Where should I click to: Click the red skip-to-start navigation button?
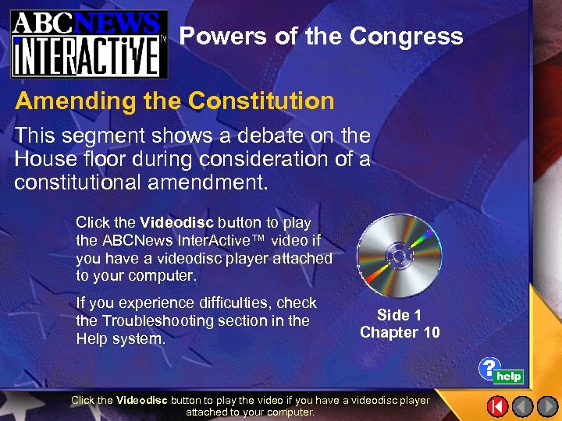pyautogui.click(x=498, y=406)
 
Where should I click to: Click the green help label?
pyautogui.click(x=509, y=377)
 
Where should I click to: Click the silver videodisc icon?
pyautogui.click(x=399, y=255)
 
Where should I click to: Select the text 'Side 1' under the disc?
pyautogui.click(x=399, y=315)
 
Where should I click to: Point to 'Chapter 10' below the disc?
pyautogui.click(x=400, y=333)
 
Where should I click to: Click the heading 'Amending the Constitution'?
pyautogui.click(x=175, y=101)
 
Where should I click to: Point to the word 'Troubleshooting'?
pyautogui.click(x=151, y=320)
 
